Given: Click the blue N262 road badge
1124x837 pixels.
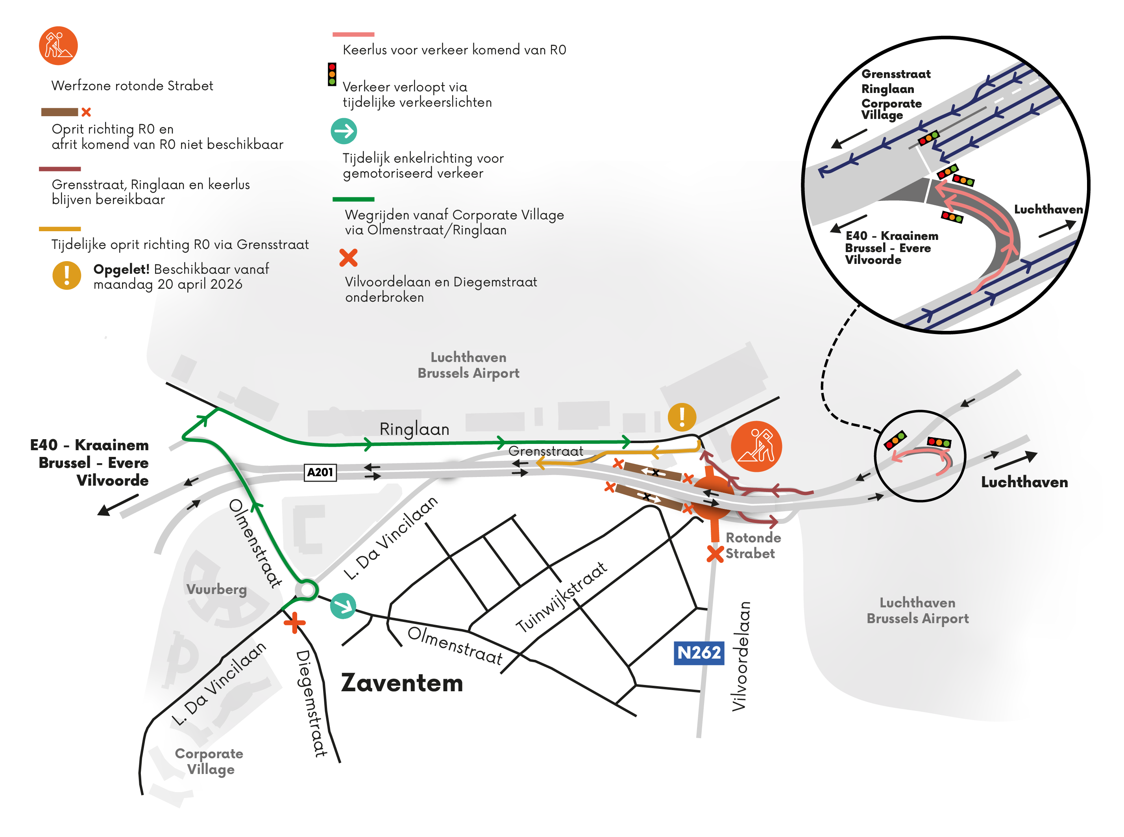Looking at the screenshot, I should point(698,653).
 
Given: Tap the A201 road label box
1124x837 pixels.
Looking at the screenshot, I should point(320,472).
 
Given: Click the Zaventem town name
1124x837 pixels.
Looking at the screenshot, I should point(402,683).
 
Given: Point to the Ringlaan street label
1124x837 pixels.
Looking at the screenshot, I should point(414,429).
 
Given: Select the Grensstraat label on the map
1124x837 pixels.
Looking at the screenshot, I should point(545,451).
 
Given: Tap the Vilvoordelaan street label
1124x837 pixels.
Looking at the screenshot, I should point(740,656).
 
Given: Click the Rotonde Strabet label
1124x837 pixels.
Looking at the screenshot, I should point(752,545).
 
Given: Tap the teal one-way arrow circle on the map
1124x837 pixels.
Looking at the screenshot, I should point(343,606).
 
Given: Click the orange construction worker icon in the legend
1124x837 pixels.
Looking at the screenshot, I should point(58,46).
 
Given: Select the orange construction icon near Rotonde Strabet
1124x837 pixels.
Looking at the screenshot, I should point(756,446).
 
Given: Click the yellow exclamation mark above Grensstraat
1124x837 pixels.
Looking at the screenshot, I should point(682,417).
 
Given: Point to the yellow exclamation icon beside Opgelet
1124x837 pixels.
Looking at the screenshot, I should point(67,276).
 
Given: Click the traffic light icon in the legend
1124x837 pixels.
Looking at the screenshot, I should point(332,74).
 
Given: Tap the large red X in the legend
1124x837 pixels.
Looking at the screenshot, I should point(348,257).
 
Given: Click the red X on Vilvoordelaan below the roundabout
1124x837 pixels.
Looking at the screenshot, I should point(714,554).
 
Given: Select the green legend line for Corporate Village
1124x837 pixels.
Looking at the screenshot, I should point(353,199).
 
